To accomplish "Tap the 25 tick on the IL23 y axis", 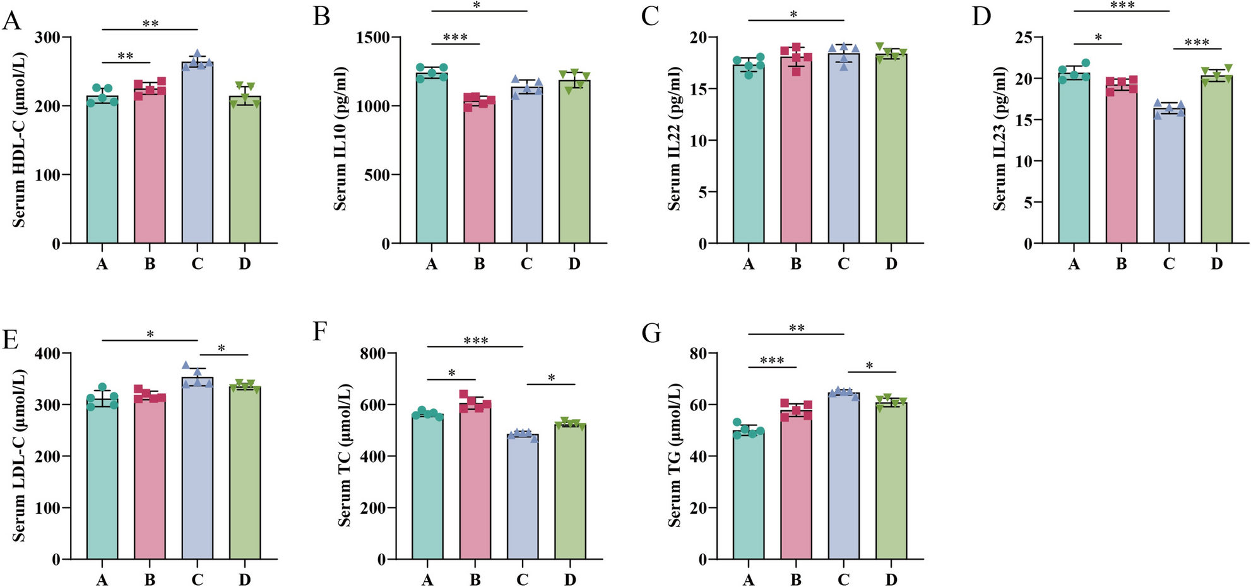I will point(1024,37).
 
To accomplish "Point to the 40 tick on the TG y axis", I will point(697,456).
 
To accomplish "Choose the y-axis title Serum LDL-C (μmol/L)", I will point(19,456).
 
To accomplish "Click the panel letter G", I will point(651,333).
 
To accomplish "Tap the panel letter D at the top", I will point(981,16).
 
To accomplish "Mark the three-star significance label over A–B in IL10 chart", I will point(455,37).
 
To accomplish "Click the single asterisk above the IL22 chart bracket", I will point(794,14).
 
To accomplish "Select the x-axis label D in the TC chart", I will point(569,579).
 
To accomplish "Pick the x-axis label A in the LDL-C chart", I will point(102,579).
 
